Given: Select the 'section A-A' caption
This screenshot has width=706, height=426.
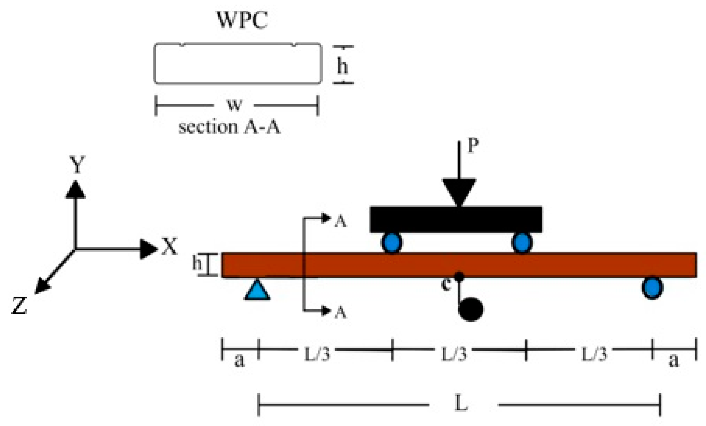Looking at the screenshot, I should pos(229,127).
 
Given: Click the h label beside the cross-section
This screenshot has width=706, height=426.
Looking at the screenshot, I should pos(342,65).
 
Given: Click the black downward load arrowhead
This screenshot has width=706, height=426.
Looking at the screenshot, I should pos(459,191).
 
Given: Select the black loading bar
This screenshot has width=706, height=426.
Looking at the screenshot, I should pos(456,219).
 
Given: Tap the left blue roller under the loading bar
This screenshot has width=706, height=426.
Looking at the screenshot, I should pos(392,243).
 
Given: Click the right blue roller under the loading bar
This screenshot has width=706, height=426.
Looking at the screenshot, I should pos(522,243).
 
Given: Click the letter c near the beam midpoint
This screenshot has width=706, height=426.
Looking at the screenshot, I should pos(446,285).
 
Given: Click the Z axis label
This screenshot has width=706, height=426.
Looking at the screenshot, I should pos(19,305).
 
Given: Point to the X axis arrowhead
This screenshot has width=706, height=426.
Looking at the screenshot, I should pos(149,249).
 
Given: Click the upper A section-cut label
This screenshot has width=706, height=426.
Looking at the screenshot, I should pos(340,222).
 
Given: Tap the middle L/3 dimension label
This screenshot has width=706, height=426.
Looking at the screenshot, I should pos(454,354).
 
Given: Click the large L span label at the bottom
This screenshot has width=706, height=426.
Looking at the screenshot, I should pos(461,404).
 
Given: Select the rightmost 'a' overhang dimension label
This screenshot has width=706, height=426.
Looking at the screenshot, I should pos(674,361).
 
